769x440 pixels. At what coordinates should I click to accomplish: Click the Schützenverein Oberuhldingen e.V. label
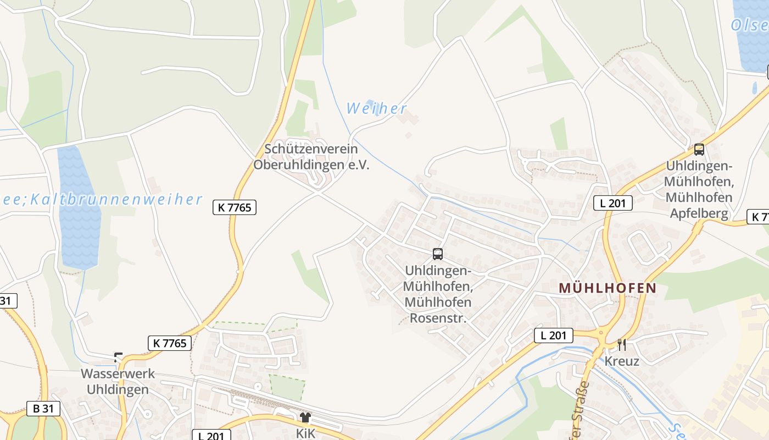pos(311,157)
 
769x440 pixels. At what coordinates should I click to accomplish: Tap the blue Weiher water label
pos(377,108)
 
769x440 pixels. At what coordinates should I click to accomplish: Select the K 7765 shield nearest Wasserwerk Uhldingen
pos(170,343)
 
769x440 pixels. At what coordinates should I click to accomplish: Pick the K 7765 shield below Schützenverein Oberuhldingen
pos(235,207)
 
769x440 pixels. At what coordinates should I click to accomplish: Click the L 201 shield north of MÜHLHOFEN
pos(613,203)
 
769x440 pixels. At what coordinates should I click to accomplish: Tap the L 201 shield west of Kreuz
pos(554,335)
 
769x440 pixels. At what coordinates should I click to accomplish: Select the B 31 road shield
pos(42,409)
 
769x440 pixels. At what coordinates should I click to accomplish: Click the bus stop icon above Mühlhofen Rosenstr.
pos(438,254)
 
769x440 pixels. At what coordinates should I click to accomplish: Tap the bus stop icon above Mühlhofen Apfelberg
pos(699,149)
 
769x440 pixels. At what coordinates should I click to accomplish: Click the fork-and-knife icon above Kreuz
pos(622,345)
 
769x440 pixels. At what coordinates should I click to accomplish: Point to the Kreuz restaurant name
pos(622,361)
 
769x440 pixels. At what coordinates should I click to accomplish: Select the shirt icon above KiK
pos(305,417)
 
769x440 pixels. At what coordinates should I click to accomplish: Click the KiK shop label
pos(306,433)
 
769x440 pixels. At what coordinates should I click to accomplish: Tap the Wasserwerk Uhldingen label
pos(115,382)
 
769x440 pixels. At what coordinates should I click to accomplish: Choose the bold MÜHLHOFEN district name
pos(608,288)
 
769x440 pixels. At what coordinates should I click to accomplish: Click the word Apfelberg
pos(699,213)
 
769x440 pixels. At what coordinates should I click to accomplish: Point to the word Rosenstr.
pos(438,318)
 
